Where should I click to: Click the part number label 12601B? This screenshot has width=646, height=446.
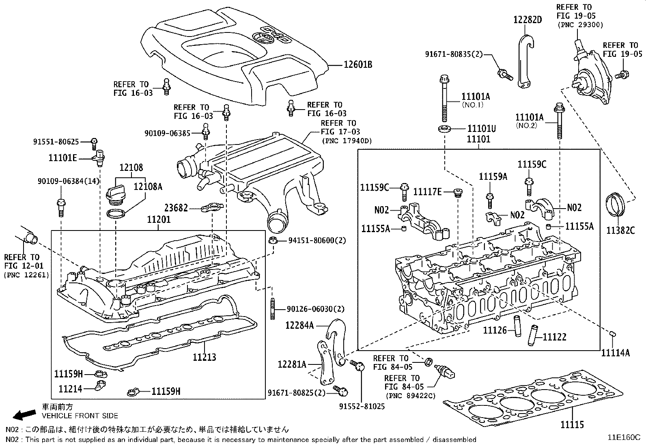358,65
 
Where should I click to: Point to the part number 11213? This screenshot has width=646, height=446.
204,358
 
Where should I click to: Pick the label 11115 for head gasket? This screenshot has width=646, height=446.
572,425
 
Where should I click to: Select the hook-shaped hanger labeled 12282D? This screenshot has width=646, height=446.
525,61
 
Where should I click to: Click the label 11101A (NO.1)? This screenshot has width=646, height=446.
475,97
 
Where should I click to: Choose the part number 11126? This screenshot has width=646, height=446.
495,330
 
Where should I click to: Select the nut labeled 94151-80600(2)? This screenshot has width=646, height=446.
273,240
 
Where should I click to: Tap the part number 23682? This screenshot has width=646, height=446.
176,208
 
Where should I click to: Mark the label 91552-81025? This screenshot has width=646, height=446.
362,406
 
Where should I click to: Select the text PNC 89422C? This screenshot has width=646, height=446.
410,395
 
